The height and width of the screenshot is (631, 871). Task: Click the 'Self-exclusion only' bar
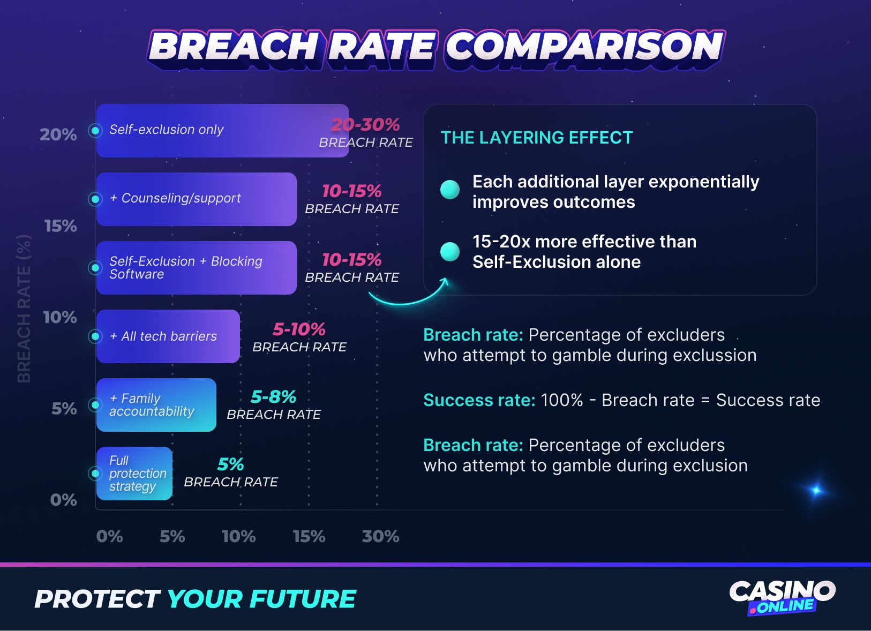point(222,131)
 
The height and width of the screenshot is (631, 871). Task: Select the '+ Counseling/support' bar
point(196,199)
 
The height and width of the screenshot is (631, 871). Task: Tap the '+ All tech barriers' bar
point(168,336)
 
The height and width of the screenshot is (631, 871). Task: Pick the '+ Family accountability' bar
point(156,405)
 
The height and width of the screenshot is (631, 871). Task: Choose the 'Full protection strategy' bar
point(134,474)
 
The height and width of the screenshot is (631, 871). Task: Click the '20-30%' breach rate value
point(365,125)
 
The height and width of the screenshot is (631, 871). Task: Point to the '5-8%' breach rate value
point(273,397)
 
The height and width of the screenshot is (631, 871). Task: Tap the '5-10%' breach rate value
point(299,329)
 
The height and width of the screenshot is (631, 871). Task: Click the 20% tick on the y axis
point(58,134)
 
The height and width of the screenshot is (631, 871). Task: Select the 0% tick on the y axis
point(63,500)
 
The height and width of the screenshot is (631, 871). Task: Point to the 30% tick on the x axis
point(380,536)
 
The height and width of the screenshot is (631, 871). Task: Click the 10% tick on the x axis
point(238,536)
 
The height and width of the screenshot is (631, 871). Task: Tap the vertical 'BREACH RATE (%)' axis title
point(24,309)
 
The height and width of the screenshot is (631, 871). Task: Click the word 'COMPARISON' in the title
point(584,47)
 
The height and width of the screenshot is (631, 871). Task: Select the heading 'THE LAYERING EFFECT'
point(537,138)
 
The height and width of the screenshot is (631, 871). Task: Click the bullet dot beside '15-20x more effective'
point(450,251)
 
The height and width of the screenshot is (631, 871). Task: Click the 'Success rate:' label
point(479,400)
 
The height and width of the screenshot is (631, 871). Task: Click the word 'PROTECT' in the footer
point(97,599)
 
